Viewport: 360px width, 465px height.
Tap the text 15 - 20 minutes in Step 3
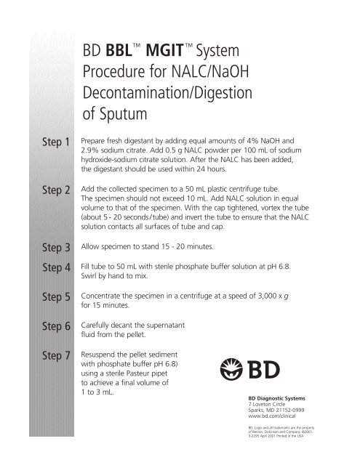(180, 248)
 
